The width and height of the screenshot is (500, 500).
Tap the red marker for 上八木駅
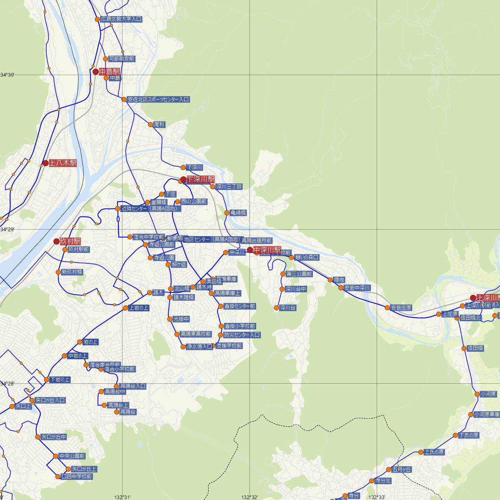[46, 163]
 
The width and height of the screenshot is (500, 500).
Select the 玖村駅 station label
[70, 242]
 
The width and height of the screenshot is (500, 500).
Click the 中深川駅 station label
[267, 250]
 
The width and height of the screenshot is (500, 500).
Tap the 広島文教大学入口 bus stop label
[121, 19]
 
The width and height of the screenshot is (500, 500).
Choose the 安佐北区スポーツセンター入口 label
[158, 100]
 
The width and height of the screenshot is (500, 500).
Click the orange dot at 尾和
[150, 125]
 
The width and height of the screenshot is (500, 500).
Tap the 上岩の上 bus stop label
[139, 308]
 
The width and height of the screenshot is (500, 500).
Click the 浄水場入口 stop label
[199, 347]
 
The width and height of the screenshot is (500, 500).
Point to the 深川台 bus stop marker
[276, 308]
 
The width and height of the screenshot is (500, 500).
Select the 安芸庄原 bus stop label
[401, 308]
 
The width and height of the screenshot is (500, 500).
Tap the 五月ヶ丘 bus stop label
[402, 470]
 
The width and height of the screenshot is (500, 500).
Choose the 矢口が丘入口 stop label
[50, 400]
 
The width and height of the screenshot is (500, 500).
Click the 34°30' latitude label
[7, 75]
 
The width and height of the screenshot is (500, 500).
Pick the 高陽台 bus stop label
[127, 412]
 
